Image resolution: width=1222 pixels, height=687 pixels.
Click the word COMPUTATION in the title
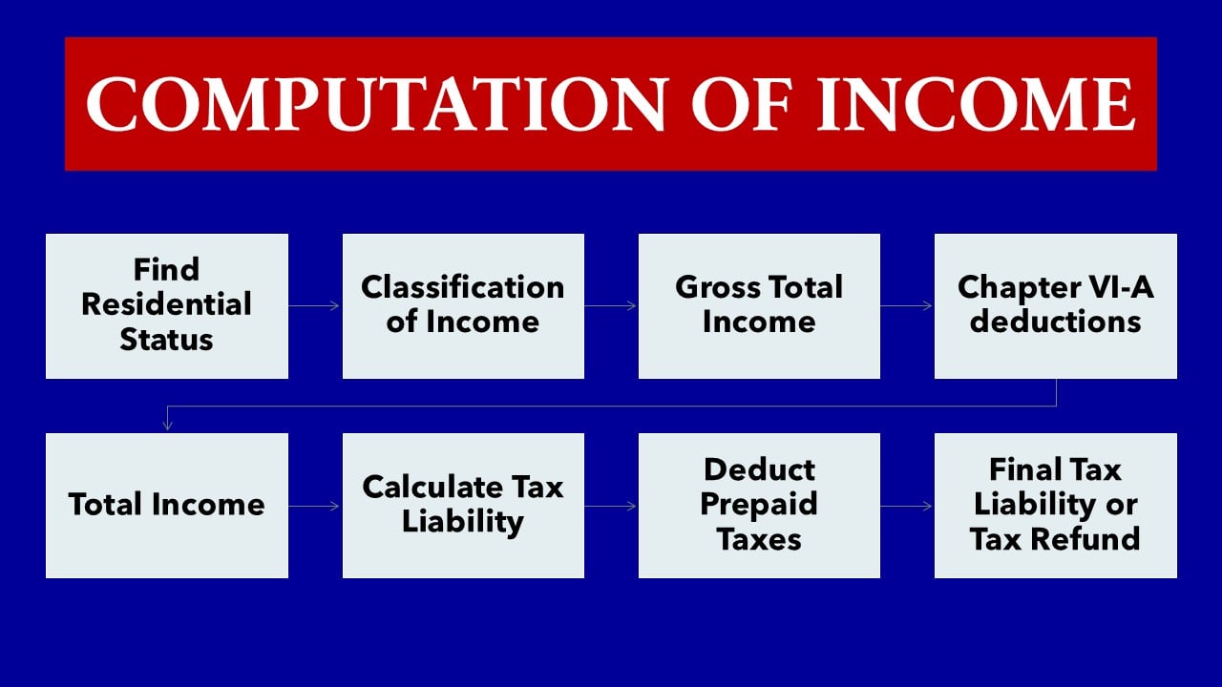[x=377, y=104]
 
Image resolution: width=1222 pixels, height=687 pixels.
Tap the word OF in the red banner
[x=742, y=104]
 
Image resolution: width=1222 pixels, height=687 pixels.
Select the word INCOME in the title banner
[x=976, y=104]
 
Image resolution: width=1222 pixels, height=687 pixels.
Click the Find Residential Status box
[x=167, y=306]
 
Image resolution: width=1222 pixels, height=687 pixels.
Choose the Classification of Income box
[x=463, y=306]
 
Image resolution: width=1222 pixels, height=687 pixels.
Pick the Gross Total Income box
[x=759, y=306]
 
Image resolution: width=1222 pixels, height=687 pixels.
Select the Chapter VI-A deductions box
[x=1056, y=306]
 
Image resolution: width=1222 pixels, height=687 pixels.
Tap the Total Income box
[x=167, y=506]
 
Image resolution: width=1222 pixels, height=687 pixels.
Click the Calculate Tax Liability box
[x=463, y=506]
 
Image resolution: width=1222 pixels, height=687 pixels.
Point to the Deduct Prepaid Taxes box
[x=759, y=506]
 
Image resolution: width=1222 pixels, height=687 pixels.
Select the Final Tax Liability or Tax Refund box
[x=1056, y=506]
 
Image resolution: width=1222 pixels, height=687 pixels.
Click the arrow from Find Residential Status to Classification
[x=314, y=306]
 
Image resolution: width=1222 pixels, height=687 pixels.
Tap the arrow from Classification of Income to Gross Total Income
[x=610, y=306]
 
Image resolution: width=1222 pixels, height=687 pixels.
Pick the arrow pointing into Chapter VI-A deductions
[x=906, y=306]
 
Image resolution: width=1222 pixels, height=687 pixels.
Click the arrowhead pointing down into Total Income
[x=167, y=426]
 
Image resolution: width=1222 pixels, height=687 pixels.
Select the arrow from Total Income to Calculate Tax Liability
[x=314, y=506]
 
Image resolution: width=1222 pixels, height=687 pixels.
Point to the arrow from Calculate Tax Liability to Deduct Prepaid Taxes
[x=610, y=506]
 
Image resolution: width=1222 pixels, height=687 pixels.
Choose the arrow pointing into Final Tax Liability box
[x=906, y=506]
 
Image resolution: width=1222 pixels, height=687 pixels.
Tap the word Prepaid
[x=759, y=506]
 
